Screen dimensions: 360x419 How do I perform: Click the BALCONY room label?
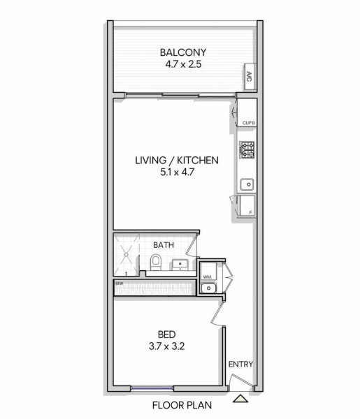183,52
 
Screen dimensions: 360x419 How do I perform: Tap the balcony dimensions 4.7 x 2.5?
183,64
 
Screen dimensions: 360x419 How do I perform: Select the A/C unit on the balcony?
250,77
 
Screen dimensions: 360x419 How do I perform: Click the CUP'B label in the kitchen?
248,123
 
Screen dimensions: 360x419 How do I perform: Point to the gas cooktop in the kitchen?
247,150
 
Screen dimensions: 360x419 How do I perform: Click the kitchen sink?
247,184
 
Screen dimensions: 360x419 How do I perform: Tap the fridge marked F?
247,205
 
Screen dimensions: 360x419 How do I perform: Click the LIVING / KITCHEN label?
177,161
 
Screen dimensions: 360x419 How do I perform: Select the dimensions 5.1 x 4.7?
177,172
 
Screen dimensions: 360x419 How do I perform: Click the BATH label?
164,245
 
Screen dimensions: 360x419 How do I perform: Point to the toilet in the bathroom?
156,263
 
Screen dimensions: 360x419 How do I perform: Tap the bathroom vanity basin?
180,265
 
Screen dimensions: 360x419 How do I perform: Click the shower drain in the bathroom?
126,254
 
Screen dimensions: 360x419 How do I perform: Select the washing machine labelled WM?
208,271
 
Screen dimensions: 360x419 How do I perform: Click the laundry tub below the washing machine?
208,288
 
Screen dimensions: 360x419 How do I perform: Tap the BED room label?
166,335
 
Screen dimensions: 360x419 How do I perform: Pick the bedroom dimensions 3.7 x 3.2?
166,346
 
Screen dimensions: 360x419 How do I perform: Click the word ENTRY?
240,365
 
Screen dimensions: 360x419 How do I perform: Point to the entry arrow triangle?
240,399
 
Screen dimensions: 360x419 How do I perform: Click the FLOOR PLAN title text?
182,405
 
